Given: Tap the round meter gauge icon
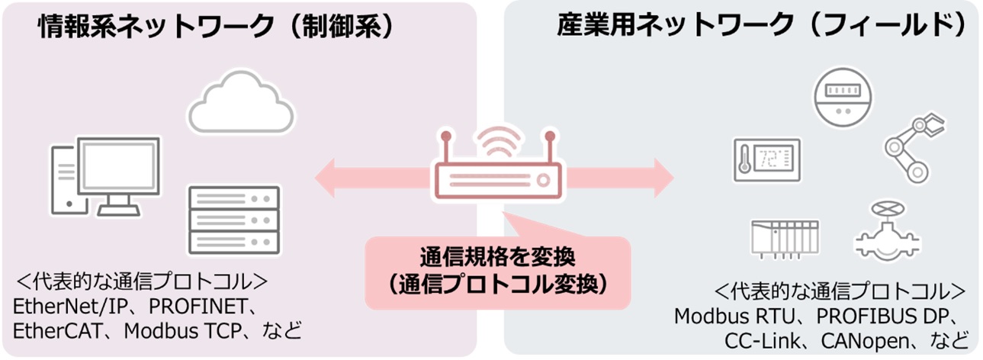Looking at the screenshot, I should [x=844, y=97].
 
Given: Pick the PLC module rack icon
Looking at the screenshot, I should [x=784, y=237].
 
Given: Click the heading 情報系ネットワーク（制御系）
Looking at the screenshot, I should [x=217, y=29].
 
